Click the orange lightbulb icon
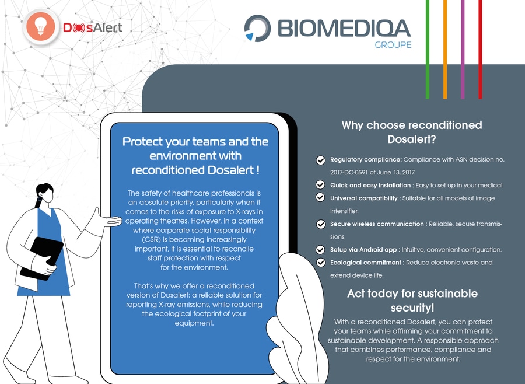click(x=40, y=27)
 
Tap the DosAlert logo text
click(x=93, y=28)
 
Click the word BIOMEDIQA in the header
click(x=344, y=28)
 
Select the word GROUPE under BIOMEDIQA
click(x=393, y=44)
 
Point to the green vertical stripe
click(x=428, y=49)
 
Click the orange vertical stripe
click(x=445, y=49)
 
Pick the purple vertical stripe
click(x=463, y=49)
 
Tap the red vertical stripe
click(x=480, y=49)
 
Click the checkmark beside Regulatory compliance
click(x=320, y=160)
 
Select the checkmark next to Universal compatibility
click(x=320, y=197)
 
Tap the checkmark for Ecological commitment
click(x=320, y=263)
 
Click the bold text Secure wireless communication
click(x=377, y=224)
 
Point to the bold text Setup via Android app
click(x=363, y=250)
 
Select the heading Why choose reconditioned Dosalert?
click(x=412, y=132)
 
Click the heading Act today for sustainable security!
click(x=412, y=300)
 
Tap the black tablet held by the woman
click(x=41, y=259)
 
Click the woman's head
click(x=44, y=193)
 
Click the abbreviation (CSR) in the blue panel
click(x=149, y=240)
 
